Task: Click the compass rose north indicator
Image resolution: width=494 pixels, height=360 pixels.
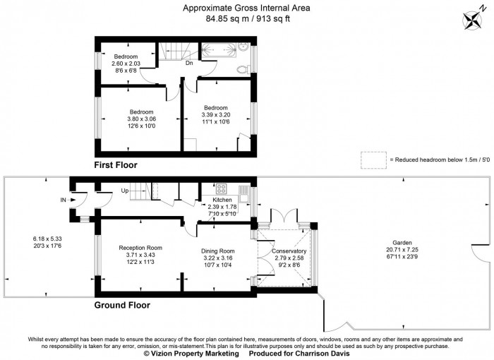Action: click(470, 18)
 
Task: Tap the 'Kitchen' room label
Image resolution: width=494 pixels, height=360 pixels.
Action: click(219, 199)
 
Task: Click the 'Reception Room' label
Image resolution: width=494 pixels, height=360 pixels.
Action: click(140, 248)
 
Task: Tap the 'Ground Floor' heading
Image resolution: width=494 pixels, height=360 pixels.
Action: click(122, 305)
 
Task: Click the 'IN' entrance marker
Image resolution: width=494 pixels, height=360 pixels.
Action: click(63, 200)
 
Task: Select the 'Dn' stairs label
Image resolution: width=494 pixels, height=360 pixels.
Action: click(189, 64)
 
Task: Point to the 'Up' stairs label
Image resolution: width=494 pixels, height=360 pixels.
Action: click(125, 191)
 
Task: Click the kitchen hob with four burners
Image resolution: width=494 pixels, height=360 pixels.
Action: click(220, 188)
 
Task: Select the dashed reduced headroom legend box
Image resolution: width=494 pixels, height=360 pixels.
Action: click(373, 160)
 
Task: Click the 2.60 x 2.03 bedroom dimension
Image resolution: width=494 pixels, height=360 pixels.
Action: click(126, 64)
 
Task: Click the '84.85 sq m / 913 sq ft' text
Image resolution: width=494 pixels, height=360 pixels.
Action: click(246, 19)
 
